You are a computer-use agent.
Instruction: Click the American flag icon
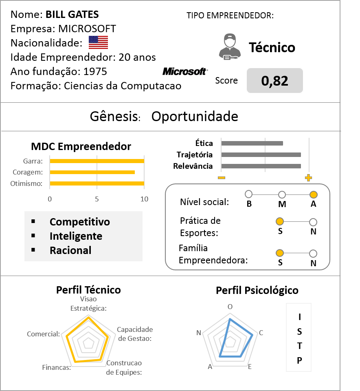coord(99,42)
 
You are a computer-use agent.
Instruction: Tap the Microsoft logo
coord(185,72)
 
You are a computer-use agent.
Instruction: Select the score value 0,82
coord(274,81)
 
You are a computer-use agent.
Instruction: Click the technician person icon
coord(230,47)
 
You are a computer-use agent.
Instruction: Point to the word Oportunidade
coord(195,117)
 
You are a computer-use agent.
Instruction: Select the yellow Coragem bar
coord(92,172)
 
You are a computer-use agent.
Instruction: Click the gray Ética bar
coord(252,144)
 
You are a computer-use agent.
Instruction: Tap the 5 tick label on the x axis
coord(97,199)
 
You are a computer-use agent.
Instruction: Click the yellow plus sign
coord(308,178)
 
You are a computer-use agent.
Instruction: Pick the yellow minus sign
coord(222,178)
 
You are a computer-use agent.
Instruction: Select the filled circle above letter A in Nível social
coord(314,194)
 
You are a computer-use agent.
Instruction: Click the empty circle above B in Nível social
coord(249,194)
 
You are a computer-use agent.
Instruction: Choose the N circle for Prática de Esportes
coord(313,222)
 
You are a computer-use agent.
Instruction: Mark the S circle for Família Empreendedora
coord(280,253)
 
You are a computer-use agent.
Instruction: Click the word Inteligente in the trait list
coord(76,236)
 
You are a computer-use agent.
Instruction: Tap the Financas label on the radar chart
coord(57,367)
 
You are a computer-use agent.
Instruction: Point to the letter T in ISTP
coord(299,346)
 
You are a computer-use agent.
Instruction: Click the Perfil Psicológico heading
coord(257,291)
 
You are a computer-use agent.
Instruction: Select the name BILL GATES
coord(72,14)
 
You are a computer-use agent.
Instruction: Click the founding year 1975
coord(95,72)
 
